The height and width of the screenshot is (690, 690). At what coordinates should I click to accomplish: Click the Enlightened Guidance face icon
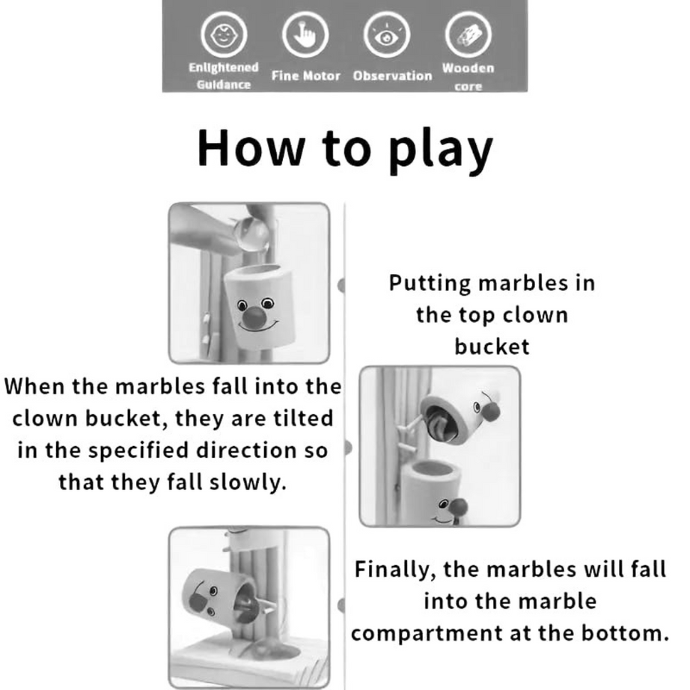tap(223, 34)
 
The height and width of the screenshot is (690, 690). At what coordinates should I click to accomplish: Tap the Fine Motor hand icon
tap(305, 34)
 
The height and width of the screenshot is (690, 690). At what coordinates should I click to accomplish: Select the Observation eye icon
tap(388, 34)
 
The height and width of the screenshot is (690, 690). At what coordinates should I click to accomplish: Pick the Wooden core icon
tap(468, 34)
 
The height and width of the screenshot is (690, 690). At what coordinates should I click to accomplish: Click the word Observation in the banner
tap(392, 76)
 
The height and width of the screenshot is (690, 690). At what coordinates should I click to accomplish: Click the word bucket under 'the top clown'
tap(492, 346)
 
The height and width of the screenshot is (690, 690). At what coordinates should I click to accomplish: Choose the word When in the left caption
tap(35, 387)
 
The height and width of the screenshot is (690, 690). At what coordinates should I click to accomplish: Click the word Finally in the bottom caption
tap(394, 569)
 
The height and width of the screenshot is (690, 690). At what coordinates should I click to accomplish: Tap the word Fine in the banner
tap(284, 76)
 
